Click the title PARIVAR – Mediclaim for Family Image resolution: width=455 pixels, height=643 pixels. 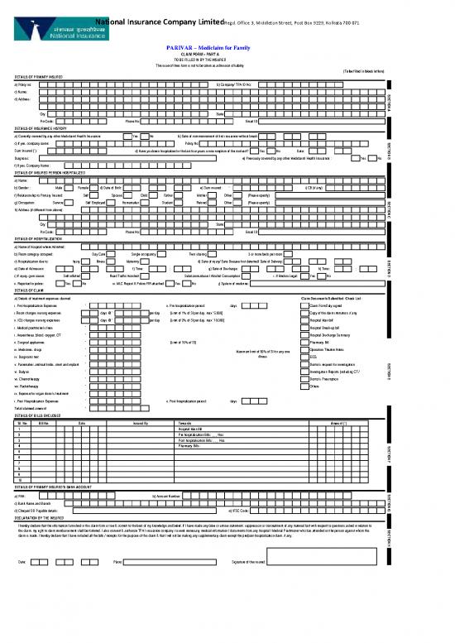point(227,49)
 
